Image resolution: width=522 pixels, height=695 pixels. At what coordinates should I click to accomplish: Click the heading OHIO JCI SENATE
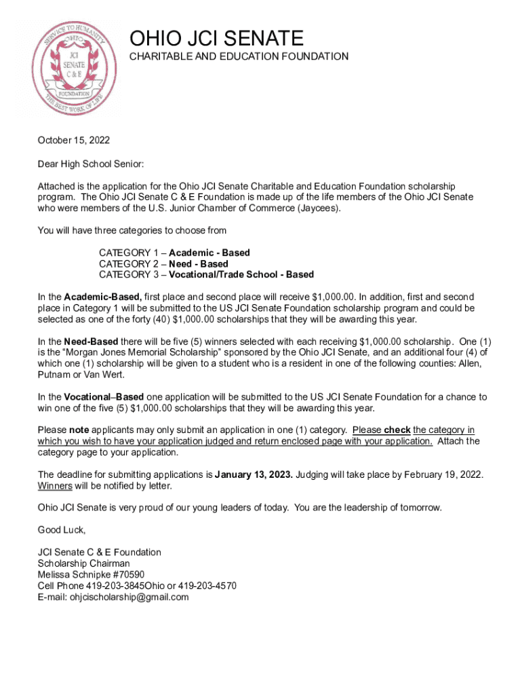click(x=216, y=38)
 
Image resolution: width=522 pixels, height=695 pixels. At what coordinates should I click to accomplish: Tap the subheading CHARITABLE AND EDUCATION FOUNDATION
click(x=239, y=56)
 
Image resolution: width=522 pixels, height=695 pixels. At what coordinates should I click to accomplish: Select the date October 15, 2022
click(x=73, y=140)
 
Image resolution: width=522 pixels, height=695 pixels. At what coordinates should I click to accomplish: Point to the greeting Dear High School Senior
click(x=91, y=164)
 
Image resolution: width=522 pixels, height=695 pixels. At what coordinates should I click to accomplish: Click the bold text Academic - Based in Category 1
click(x=209, y=252)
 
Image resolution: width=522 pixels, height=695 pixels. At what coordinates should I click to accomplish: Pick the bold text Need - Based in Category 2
click(x=199, y=263)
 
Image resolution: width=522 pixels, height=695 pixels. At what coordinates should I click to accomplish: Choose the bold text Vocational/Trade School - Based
click(x=241, y=274)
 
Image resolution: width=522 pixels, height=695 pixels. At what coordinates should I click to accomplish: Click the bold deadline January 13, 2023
click(x=254, y=474)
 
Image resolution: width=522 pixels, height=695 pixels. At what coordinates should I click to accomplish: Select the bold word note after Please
click(x=79, y=430)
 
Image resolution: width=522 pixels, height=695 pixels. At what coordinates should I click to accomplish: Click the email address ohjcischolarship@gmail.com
click(x=129, y=597)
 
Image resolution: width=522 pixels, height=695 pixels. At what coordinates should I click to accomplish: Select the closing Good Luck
click(x=62, y=529)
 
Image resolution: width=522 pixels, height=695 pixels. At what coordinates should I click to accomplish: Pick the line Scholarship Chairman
click(x=83, y=563)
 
